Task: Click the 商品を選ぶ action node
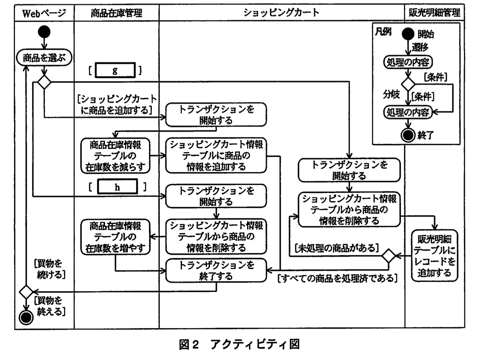coord(44,58)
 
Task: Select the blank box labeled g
coord(115,70)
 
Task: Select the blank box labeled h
coord(117,187)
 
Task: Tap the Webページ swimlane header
coord(44,13)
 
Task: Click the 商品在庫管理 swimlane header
coord(116,13)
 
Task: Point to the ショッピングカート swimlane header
coord(281,13)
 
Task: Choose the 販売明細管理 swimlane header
coord(434,13)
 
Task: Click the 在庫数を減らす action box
coord(115,156)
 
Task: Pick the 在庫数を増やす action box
coord(115,237)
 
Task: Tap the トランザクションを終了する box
coord(216,271)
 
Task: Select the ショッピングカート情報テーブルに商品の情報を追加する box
coord(216,155)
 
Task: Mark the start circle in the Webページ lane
coord(44,32)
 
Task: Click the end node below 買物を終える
coord(26,317)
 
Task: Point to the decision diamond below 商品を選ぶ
coord(44,82)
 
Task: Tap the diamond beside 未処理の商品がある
coord(389,256)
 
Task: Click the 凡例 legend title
coord(383,32)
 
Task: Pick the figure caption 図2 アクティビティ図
coord(239,344)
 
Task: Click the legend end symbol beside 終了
coord(408,135)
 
